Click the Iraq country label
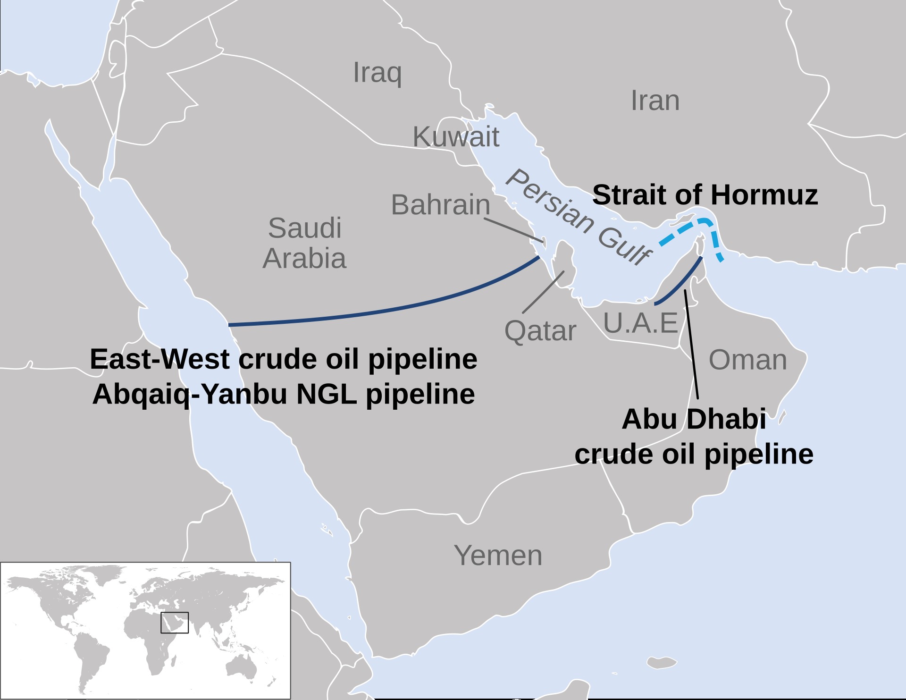(377, 73)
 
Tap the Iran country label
(655, 101)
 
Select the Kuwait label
(456, 137)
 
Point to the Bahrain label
(441, 205)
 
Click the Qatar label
(540, 331)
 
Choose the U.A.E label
(641, 323)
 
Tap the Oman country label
(748, 360)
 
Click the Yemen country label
(498, 555)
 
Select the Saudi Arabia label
(304, 243)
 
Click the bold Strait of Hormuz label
(705, 195)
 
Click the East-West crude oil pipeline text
(284, 359)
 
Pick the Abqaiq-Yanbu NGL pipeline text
(284, 394)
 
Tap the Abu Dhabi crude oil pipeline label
(694, 437)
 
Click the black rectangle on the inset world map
(175, 623)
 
